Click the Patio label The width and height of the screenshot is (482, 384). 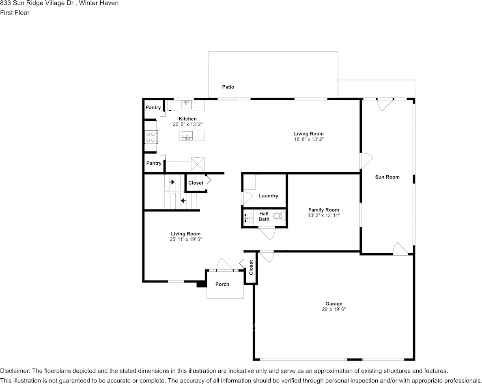click(228, 87)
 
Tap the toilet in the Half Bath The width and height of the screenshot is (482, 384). click(278, 216)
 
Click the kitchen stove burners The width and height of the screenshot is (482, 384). click(151, 137)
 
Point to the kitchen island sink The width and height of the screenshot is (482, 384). click(187, 135)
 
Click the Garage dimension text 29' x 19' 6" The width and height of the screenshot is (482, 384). click(334, 309)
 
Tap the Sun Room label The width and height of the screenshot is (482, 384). click(387, 177)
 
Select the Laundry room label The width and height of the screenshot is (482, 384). click(269, 196)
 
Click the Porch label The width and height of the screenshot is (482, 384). click(222, 284)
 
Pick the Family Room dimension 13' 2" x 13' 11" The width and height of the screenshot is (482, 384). click(323, 216)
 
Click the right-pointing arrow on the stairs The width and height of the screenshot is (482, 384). click(172, 182)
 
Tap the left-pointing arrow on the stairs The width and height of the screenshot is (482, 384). click(183, 200)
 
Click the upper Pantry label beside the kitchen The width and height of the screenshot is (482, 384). click(153, 108)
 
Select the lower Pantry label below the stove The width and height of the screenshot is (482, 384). click(154, 163)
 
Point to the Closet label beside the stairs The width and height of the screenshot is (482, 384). click(196, 183)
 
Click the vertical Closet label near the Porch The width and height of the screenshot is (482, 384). click(251, 268)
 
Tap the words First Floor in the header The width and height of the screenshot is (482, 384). click(15, 13)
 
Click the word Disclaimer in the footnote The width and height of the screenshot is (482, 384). click(15, 371)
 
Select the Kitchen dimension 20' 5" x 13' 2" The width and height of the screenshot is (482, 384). click(187, 124)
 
